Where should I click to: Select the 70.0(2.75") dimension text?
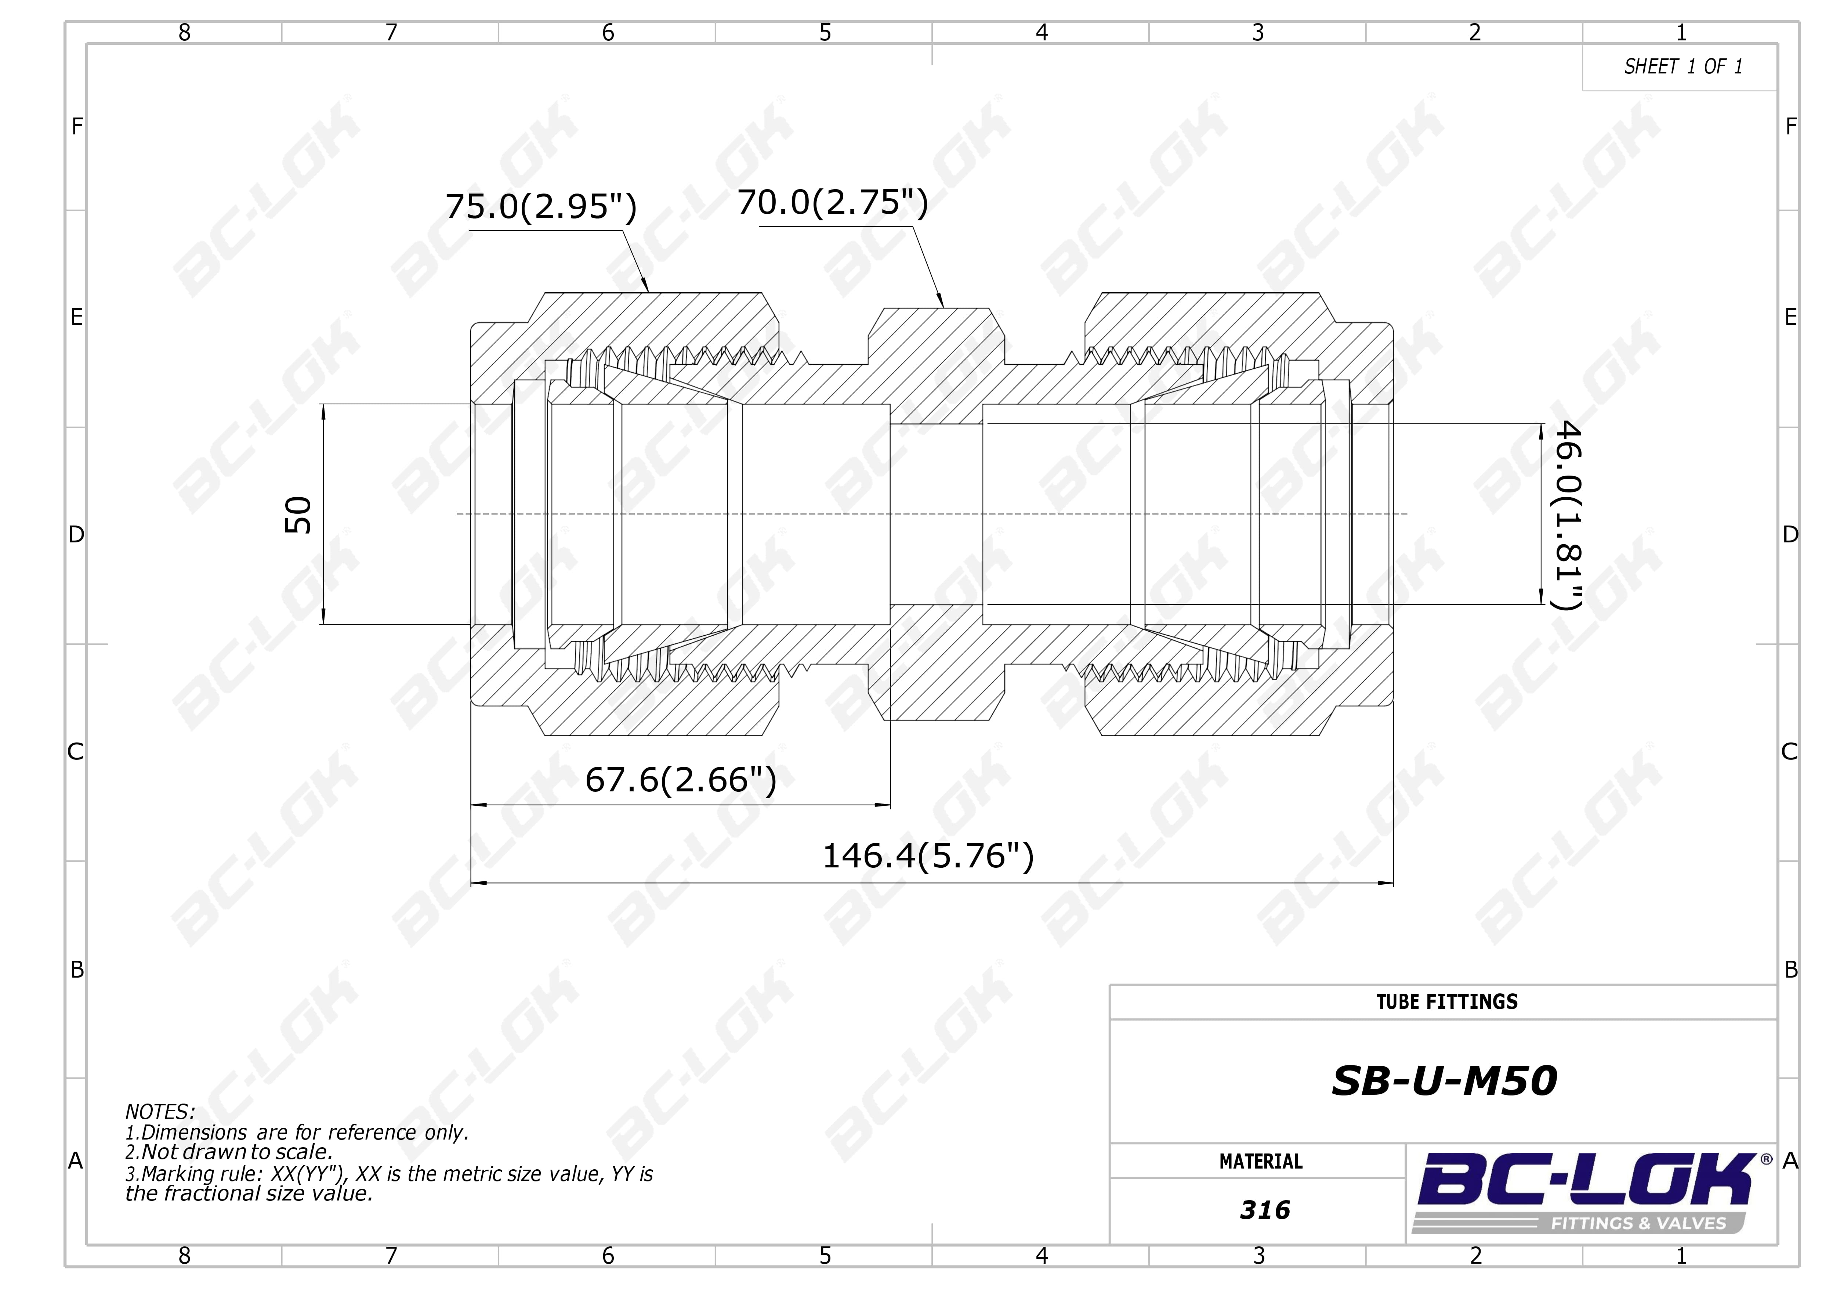(833, 202)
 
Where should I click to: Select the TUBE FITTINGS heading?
(1447, 1002)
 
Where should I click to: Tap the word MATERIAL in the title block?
(1261, 1162)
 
